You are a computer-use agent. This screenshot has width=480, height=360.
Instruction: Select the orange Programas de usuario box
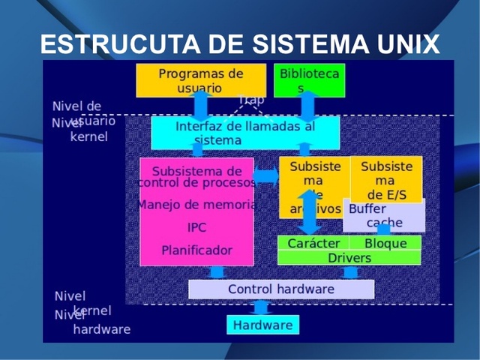click(200, 80)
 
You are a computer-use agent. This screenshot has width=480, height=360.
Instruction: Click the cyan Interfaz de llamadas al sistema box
click(245, 133)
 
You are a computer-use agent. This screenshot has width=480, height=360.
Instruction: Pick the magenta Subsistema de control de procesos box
click(196, 176)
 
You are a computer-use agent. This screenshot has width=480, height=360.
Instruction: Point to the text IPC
click(196, 227)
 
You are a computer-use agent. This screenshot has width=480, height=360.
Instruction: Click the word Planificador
click(196, 250)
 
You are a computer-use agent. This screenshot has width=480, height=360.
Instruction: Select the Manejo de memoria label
click(196, 204)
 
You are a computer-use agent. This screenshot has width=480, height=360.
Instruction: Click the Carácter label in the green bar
click(313, 244)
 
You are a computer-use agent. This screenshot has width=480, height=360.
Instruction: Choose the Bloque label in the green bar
click(385, 244)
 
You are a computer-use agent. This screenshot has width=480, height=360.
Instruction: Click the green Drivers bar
click(349, 258)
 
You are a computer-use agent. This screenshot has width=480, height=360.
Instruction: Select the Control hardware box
click(280, 289)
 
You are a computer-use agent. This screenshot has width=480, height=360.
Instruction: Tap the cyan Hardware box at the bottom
click(262, 325)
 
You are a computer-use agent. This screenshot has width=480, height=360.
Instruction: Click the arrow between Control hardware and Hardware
click(260, 307)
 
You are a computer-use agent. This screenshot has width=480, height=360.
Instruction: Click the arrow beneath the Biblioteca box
click(308, 106)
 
